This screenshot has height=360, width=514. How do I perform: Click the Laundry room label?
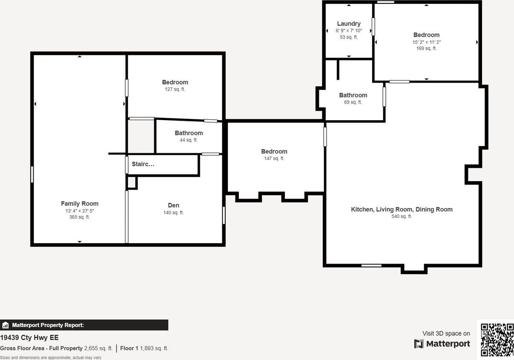pos(349,24)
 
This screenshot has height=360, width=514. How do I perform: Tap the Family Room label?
pos(80,204)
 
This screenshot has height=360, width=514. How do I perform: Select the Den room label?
pos(173,205)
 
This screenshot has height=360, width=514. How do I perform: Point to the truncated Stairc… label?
pos(143,164)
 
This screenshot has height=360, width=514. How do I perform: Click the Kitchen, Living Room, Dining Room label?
pos(402,209)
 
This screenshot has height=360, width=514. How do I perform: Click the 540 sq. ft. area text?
pos(402,216)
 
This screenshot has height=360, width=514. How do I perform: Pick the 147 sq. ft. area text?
pos(274,158)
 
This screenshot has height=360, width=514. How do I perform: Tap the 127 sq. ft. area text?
pos(175,89)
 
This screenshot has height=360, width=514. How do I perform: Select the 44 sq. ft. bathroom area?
pos(189,140)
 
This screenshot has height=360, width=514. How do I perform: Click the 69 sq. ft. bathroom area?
pos(353,102)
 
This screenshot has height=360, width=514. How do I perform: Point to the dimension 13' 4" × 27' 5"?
pos(80,211)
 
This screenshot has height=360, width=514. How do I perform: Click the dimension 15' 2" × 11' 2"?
pos(426,42)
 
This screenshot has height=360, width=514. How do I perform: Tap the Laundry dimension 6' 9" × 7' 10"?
pos(349,31)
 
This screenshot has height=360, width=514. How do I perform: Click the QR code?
pos(497,340)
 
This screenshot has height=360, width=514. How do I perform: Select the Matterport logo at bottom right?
pos(442,344)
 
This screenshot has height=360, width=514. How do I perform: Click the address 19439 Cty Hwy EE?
pos(29,338)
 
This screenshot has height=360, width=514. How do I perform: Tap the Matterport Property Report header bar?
pos(84,325)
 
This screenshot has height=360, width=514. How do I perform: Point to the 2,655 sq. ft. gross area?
pos(98,348)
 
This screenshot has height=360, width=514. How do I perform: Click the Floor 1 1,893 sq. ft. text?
pos(144,348)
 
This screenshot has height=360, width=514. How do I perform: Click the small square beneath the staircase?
pos(132,183)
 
